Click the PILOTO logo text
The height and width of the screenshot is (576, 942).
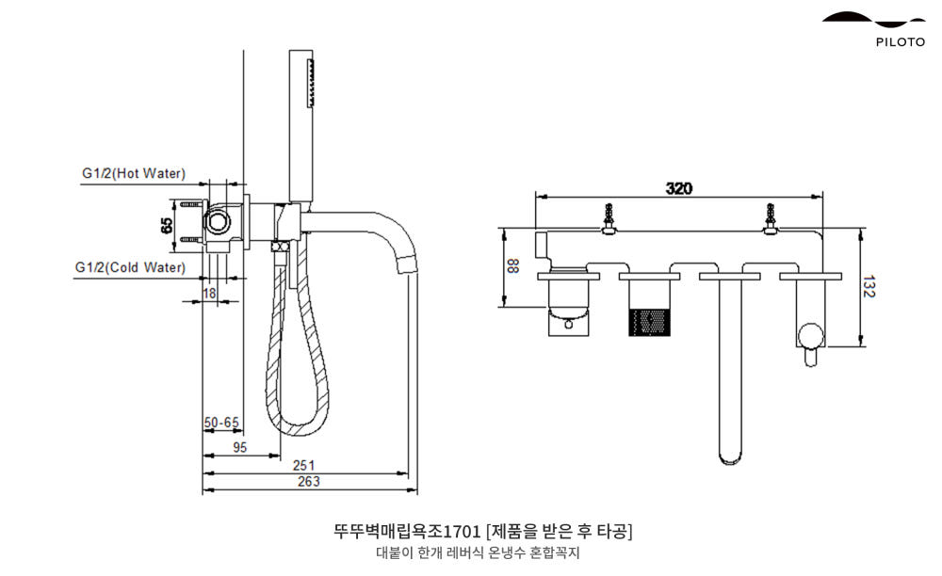pos(900,41)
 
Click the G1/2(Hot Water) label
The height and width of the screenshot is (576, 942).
pos(133,174)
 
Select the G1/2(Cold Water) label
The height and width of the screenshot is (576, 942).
pos(130,267)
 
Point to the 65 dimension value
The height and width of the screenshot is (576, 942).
pos(167,226)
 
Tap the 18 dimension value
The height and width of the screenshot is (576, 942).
pos(209,294)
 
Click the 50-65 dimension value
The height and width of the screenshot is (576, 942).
pos(221,424)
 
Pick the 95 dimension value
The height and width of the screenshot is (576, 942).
pos(239,448)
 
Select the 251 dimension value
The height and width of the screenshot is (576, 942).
pos(303,465)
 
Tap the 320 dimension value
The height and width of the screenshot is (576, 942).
pos(678,188)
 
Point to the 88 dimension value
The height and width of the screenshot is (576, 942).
pos(513,266)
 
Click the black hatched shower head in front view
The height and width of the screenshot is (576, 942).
pos(649,319)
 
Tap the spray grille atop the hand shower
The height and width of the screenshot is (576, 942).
pos(312,80)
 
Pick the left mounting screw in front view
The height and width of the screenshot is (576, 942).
pos(609,217)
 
